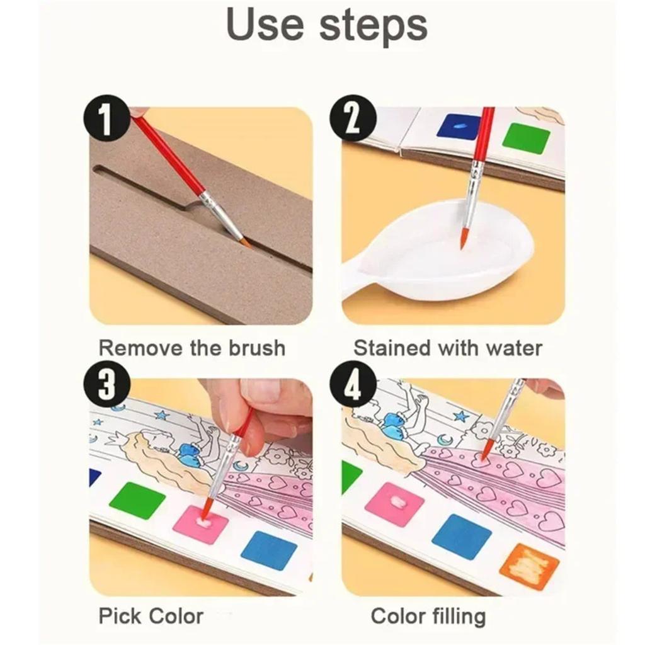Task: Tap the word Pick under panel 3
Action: pos(118,615)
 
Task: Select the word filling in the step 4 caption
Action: pos(456,615)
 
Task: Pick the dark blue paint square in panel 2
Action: pos(459,126)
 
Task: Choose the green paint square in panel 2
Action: pos(527,138)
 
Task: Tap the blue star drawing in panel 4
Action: pos(462,416)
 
